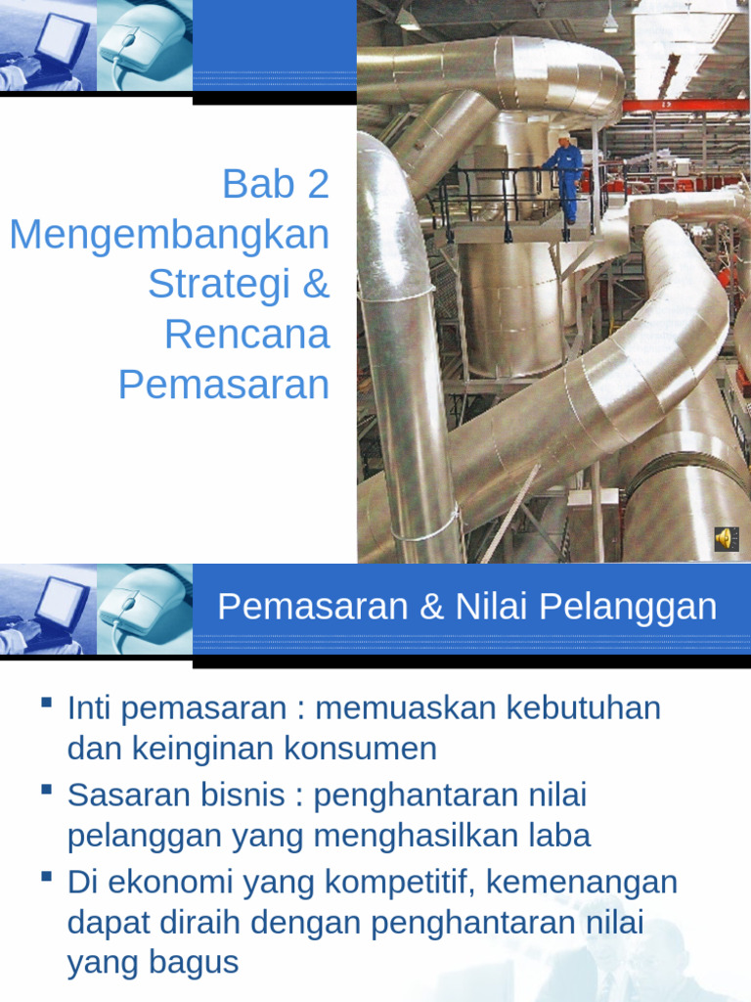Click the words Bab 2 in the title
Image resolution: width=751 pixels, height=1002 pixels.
(276, 184)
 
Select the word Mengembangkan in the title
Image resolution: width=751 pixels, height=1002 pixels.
(169, 235)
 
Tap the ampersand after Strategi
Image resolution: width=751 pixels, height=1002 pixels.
(316, 284)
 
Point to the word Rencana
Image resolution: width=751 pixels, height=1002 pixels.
(246, 335)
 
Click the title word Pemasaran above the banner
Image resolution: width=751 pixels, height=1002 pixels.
(223, 385)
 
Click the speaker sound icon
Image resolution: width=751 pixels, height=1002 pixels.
(726, 538)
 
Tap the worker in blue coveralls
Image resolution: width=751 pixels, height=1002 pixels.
(566, 181)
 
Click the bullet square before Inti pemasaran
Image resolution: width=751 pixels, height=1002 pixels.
(46, 703)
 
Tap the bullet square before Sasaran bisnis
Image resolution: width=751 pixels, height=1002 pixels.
(46, 790)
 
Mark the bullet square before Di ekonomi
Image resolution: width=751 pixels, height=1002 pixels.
(46, 876)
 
